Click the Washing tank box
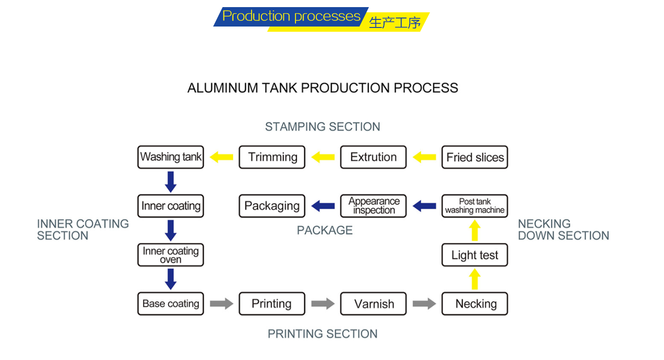click(x=171, y=157)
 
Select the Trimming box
click(x=272, y=157)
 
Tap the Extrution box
click(x=374, y=157)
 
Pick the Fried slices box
click(x=475, y=157)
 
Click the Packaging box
click(x=272, y=206)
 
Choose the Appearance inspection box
click(x=374, y=206)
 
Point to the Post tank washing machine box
click(x=475, y=206)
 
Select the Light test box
click(x=475, y=255)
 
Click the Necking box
click(x=475, y=304)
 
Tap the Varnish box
click(x=374, y=304)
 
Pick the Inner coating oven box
click(x=171, y=255)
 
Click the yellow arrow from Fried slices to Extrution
click(x=424, y=157)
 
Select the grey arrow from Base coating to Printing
click(x=222, y=304)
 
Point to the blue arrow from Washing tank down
click(x=171, y=182)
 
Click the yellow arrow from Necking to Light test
click(x=475, y=279)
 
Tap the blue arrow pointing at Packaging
click(x=323, y=206)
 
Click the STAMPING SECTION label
click(x=323, y=126)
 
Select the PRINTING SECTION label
click(x=323, y=334)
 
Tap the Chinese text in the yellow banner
click(x=395, y=23)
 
